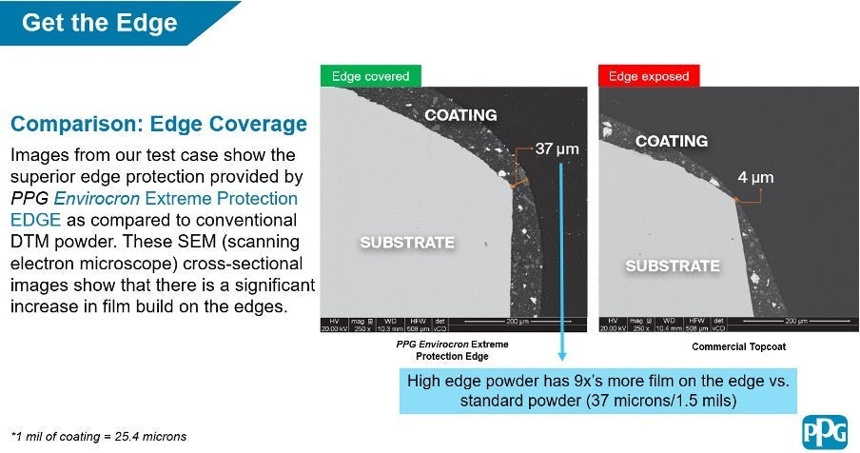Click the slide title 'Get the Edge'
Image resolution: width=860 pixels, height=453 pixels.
pyautogui.click(x=99, y=22)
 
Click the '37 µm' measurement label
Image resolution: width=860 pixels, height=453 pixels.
pyautogui.click(x=557, y=149)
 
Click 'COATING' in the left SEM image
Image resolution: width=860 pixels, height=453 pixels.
pyautogui.click(x=460, y=115)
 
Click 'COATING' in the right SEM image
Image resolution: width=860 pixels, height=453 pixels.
pyautogui.click(x=671, y=141)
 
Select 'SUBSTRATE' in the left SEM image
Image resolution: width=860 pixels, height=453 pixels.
pyautogui.click(x=406, y=243)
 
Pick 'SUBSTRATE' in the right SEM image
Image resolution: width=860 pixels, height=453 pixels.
pyautogui.click(x=672, y=266)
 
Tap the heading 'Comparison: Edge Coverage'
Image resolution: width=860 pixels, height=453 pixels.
pyautogui.click(x=159, y=125)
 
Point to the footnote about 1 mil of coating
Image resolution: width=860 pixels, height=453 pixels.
pyautogui.click(x=99, y=436)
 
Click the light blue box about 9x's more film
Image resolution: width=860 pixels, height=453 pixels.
pyautogui.click(x=597, y=391)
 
